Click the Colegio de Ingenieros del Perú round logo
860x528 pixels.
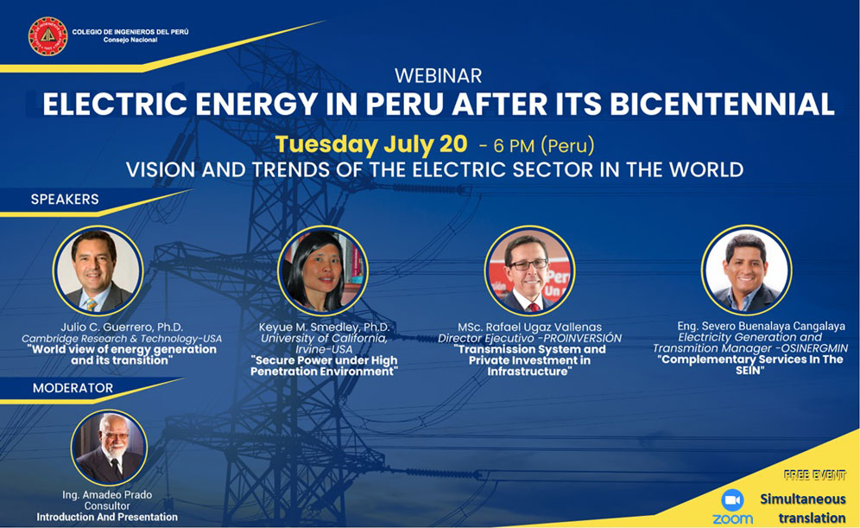[x=47, y=36]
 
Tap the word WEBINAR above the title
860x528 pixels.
[x=439, y=75]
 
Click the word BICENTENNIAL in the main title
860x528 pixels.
[x=723, y=103]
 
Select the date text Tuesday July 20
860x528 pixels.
[x=371, y=144]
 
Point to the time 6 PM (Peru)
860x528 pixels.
[x=543, y=145]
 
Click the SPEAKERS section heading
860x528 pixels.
[x=65, y=200]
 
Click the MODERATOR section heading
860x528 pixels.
[x=73, y=388]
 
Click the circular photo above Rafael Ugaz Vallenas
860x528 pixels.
[x=529, y=270]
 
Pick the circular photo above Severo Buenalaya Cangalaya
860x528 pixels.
[x=746, y=270]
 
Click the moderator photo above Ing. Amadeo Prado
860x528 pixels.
[x=109, y=448]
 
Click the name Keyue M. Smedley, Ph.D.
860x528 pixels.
[x=324, y=328]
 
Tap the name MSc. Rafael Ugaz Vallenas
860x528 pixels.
[x=530, y=328]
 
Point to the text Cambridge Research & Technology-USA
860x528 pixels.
[x=122, y=339]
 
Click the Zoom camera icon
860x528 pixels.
[x=732, y=500]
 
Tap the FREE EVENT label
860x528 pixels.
[x=814, y=475]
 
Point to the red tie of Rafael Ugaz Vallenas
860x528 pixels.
[x=533, y=308]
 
